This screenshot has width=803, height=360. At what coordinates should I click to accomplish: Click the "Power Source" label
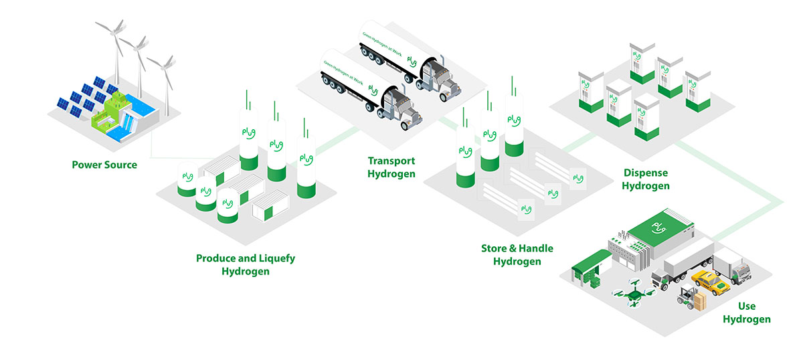tap(104, 165)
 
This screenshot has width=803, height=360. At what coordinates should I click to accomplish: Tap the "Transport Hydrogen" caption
tap(391, 167)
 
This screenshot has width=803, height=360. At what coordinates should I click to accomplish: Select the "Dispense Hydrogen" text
tap(646, 179)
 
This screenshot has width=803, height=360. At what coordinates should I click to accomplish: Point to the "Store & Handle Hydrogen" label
tap(517, 255)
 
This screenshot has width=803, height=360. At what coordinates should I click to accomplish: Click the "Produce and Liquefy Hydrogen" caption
tap(246, 264)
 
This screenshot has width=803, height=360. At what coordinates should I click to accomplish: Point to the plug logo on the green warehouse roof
tap(659, 229)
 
